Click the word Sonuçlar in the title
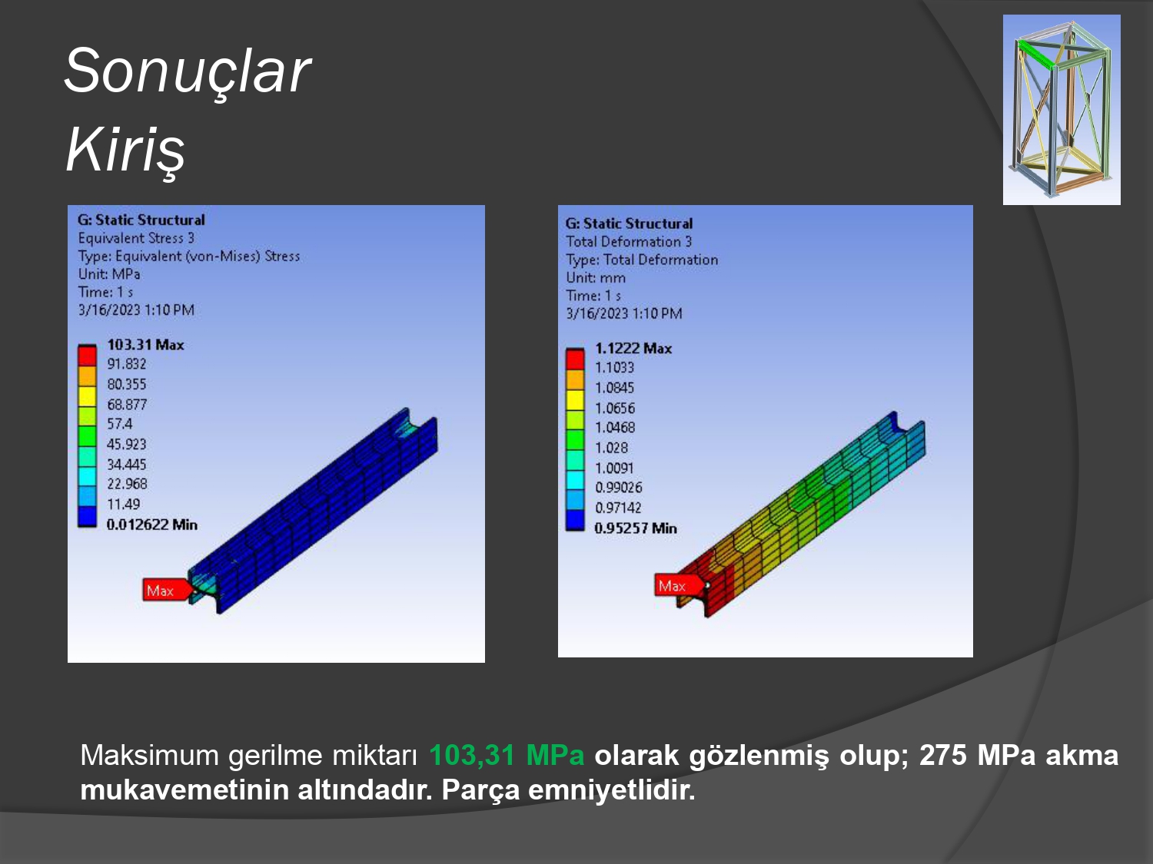click(188, 71)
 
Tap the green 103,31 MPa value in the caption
click(507, 756)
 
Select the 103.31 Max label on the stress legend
click(145, 345)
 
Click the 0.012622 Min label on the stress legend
click(151, 525)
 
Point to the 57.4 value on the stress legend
click(120, 424)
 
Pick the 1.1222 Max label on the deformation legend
click(633, 349)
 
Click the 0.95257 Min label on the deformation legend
click(636, 528)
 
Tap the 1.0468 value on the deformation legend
click(615, 428)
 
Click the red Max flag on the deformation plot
click(678, 585)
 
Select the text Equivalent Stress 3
click(136, 238)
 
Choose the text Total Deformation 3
click(629, 242)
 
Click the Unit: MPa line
click(109, 274)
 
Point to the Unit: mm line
click(596, 278)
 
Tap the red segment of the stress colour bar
click(87, 356)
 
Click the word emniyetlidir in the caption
click(611, 790)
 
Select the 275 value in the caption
click(943, 756)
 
